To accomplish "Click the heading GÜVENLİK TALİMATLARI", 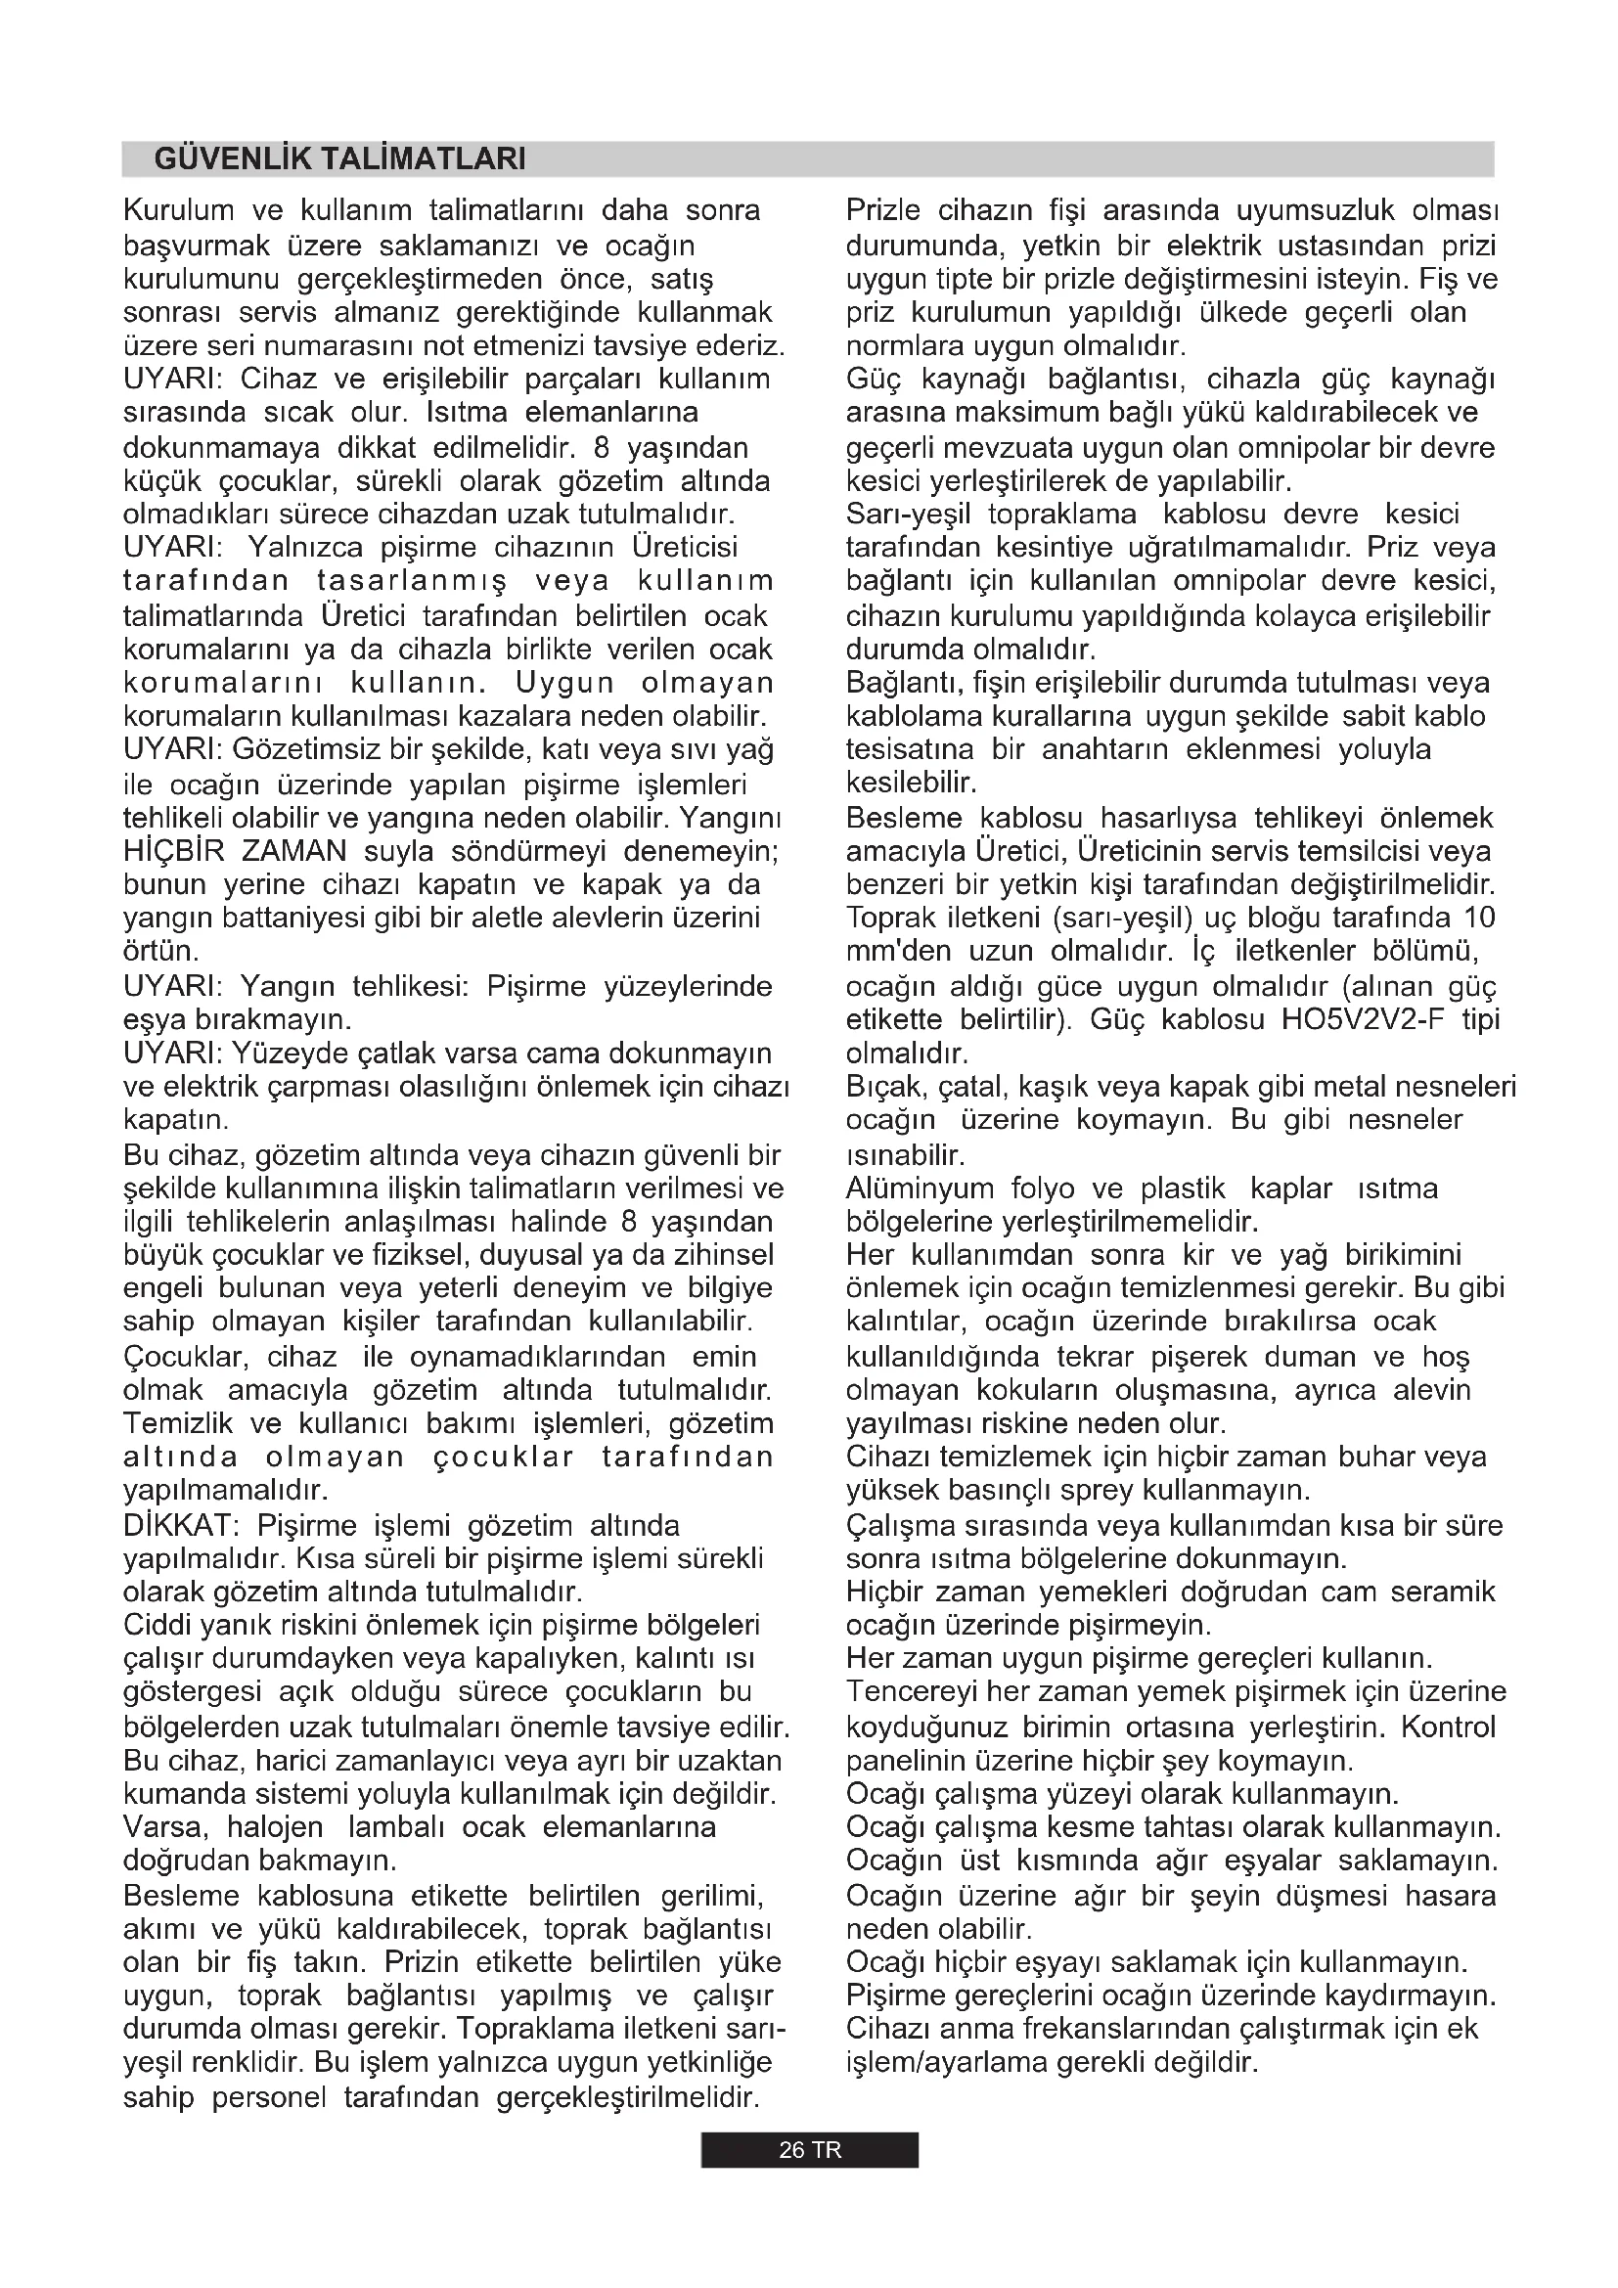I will pos(339,159).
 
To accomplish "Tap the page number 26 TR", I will pos(809,2150).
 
